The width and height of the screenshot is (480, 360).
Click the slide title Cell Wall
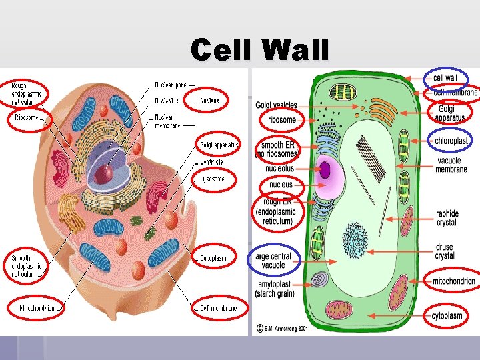pyautogui.click(x=259, y=50)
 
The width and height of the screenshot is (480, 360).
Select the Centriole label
pyautogui.click(x=211, y=162)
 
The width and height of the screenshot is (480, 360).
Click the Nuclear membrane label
pyautogui.click(x=167, y=121)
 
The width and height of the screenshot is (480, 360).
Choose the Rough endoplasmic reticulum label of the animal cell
pyautogui.click(x=27, y=93)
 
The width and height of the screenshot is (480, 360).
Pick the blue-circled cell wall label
pyautogui.click(x=445, y=78)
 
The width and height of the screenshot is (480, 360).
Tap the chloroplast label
pyautogui.click(x=451, y=141)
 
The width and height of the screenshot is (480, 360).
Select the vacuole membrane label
pyautogui.click(x=451, y=165)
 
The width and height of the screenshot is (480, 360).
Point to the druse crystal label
pyautogui.click(x=445, y=251)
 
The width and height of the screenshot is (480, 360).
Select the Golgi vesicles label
pyautogui.click(x=276, y=105)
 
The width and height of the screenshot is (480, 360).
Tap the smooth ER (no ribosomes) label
pyautogui.click(x=276, y=149)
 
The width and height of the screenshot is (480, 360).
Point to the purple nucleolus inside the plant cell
pyautogui.click(x=325, y=169)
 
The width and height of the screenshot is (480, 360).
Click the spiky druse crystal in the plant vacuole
pyautogui.click(x=355, y=237)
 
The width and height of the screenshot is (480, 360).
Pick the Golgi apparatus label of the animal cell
pyautogui.click(x=219, y=145)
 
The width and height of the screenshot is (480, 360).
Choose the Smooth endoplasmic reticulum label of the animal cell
pyautogui.click(x=27, y=265)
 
